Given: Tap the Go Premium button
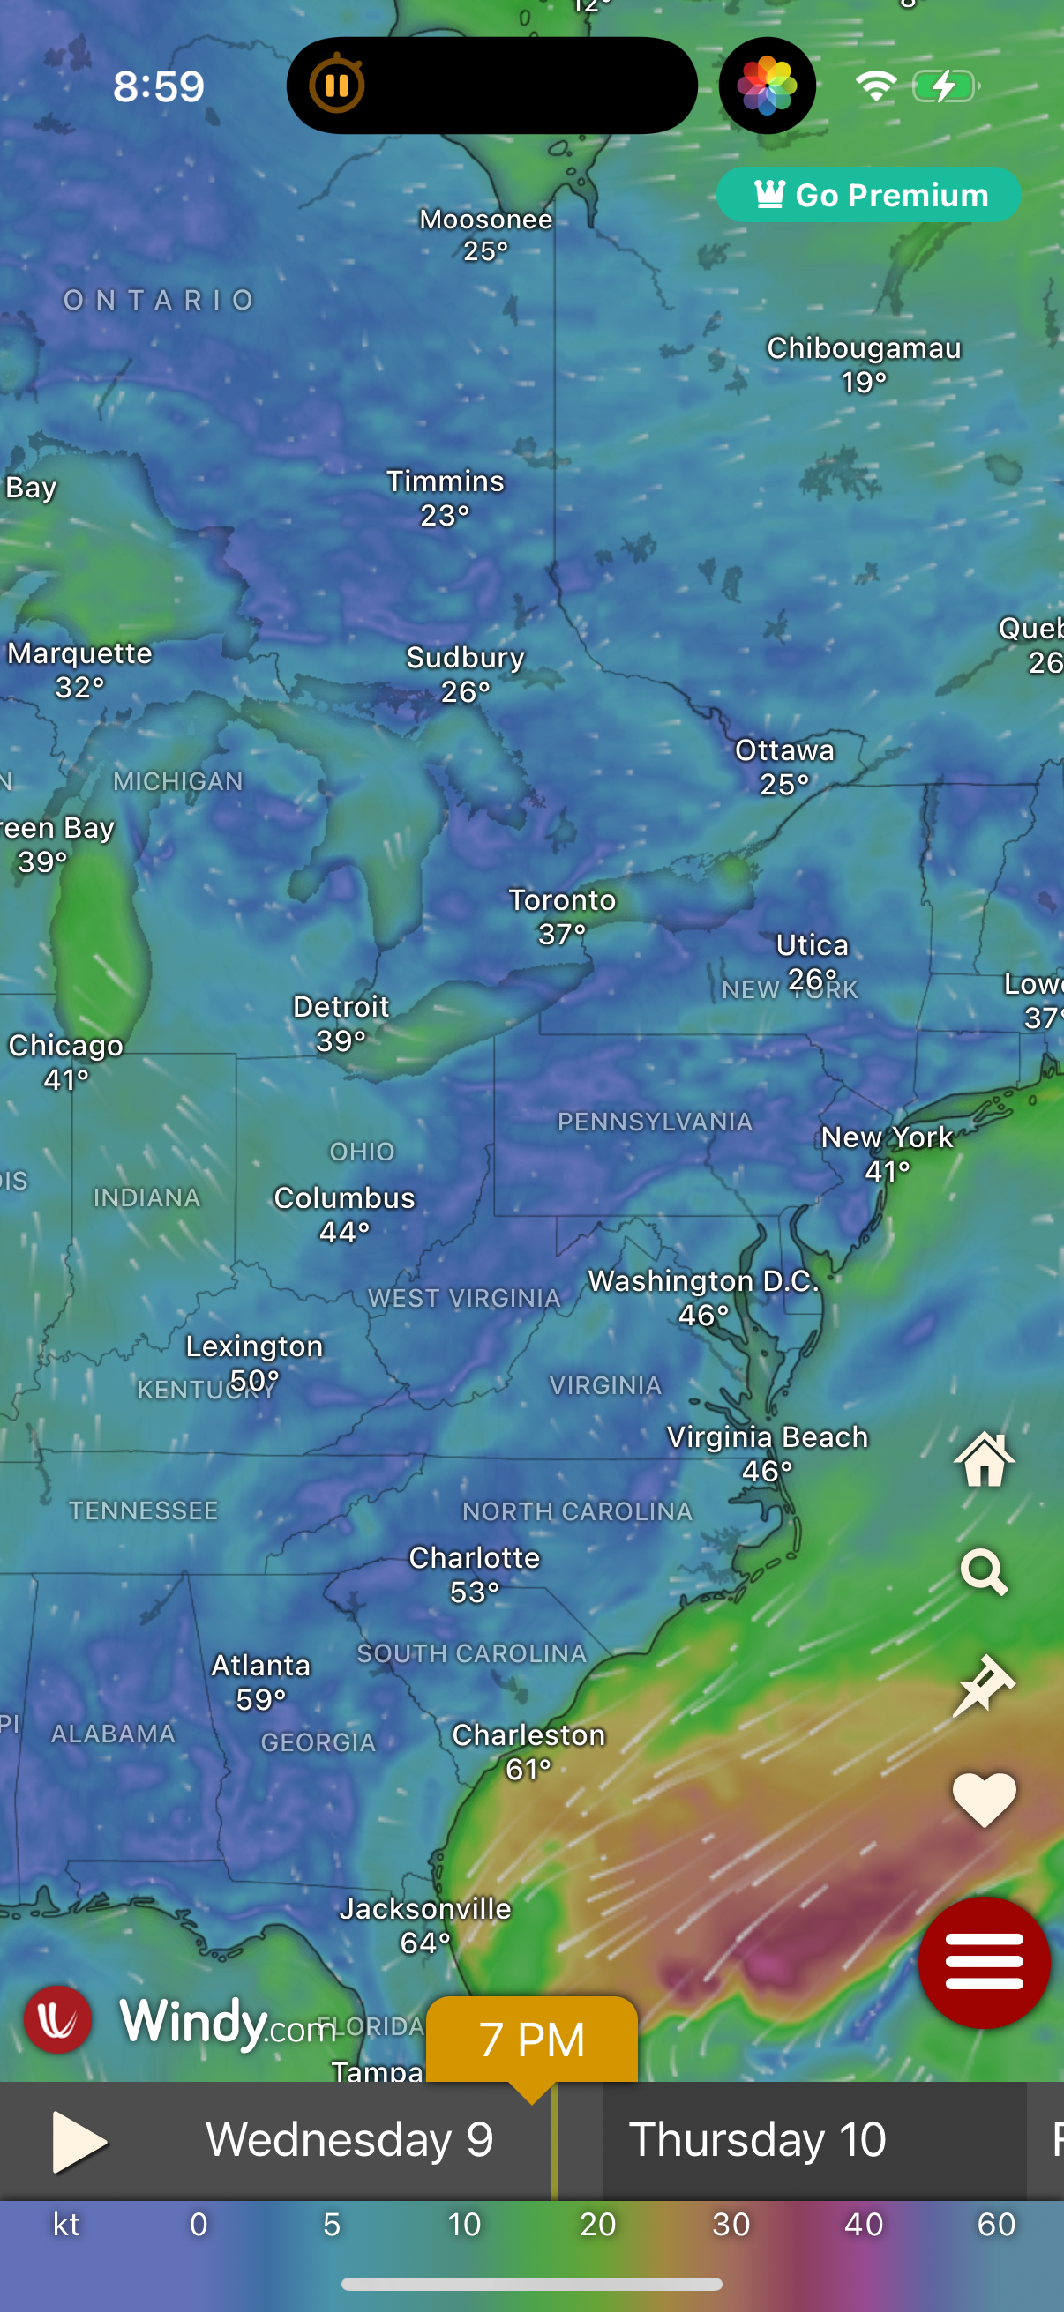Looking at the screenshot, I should [868, 195].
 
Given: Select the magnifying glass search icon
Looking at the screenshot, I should [984, 1571].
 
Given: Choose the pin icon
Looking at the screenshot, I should [984, 1685].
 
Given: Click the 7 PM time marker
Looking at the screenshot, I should [531, 2040].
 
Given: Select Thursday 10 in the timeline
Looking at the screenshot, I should [757, 2139].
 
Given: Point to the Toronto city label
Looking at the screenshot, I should [562, 900].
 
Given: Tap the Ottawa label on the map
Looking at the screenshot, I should [784, 750].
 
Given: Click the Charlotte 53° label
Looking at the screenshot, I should [474, 1573].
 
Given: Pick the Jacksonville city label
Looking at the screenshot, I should [424, 1908].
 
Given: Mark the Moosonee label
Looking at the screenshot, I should [486, 220].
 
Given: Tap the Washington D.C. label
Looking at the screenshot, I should [703, 1280].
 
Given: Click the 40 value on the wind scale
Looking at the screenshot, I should [864, 2224].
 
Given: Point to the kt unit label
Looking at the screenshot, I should [66, 2224].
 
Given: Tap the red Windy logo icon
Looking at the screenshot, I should [57, 2019].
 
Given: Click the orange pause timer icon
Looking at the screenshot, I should [337, 86].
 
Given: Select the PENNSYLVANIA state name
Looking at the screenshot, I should [655, 1122].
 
